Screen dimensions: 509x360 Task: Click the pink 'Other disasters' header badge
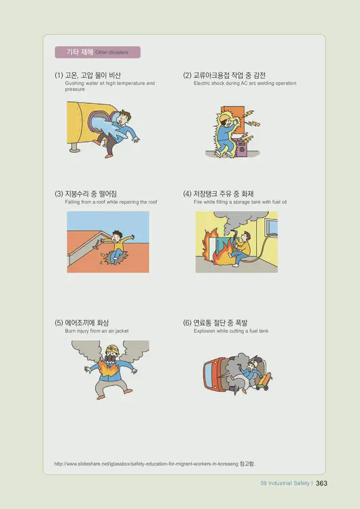[97, 52]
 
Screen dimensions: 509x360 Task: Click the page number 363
[322, 483]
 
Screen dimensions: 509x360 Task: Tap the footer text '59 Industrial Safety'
[285, 483]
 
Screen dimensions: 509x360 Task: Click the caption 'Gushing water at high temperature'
[109, 83]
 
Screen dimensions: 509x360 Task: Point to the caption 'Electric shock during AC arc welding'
[245, 83]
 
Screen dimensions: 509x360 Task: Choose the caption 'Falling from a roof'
[111, 202]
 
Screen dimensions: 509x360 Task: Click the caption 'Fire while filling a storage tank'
[240, 202]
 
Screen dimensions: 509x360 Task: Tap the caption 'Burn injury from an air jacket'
[96, 331]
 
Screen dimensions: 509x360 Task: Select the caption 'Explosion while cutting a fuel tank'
[231, 331]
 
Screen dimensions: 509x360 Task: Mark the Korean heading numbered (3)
[90, 193]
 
